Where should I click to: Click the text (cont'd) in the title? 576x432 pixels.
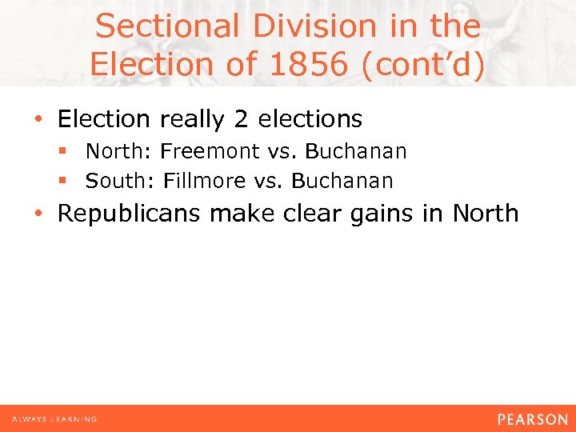(423, 63)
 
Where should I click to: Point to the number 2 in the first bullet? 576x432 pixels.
(241, 119)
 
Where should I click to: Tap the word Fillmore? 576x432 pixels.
(204, 181)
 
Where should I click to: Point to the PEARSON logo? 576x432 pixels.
(532, 419)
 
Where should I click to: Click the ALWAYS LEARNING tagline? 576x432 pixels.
(54, 419)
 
